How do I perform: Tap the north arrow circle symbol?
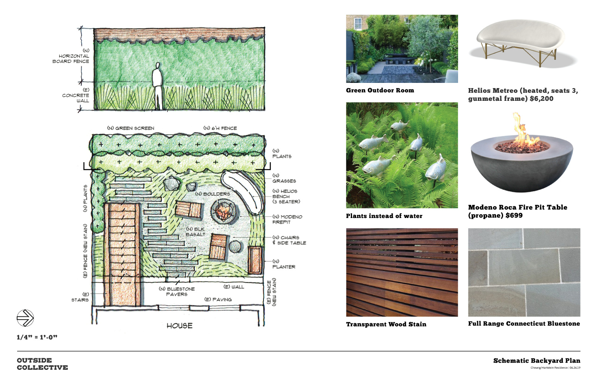pyautogui.click(x=25, y=318)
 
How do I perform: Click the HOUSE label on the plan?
pyautogui.click(x=179, y=326)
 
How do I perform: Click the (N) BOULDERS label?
pyautogui.click(x=212, y=194)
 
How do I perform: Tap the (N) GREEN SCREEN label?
pyautogui.click(x=130, y=128)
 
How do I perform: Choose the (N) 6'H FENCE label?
pyautogui.click(x=220, y=128)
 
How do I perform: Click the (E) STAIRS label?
pyautogui.click(x=80, y=297)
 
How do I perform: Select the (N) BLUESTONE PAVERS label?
pyautogui.click(x=177, y=292)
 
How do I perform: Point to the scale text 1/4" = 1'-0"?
pyautogui.click(x=37, y=337)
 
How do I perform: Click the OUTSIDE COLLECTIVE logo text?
pyautogui.click(x=42, y=364)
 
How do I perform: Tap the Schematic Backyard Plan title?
pyautogui.click(x=537, y=361)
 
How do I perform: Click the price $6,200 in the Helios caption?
pyautogui.click(x=541, y=99)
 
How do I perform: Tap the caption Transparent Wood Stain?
pyautogui.click(x=386, y=324)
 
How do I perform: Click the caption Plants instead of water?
pyautogui.click(x=384, y=216)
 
